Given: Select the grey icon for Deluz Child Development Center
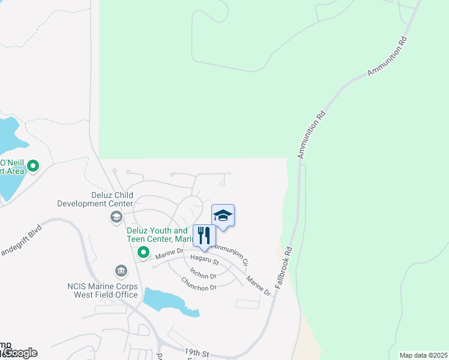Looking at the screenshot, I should pyautogui.click(x=116, y=217).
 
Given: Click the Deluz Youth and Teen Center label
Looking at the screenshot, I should pyautogui.click(x=157, y=235).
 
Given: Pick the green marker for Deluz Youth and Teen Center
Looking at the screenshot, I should pyautogui.click(x=143, y=251).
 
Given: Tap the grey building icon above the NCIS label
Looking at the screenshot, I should pyautogui.click(x=122, y=271).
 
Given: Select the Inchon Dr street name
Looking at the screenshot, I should pyautogui.click(x=203, y=273).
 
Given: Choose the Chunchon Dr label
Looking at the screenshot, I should pyautogui.click(x=198, y=284).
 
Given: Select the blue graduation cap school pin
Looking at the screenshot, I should pyautogui.click(x=223, y=216).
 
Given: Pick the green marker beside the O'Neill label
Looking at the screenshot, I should pyautogui.click(x=33, y=166).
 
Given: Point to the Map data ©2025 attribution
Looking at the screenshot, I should pyautogui.click(x=423, y=355).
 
